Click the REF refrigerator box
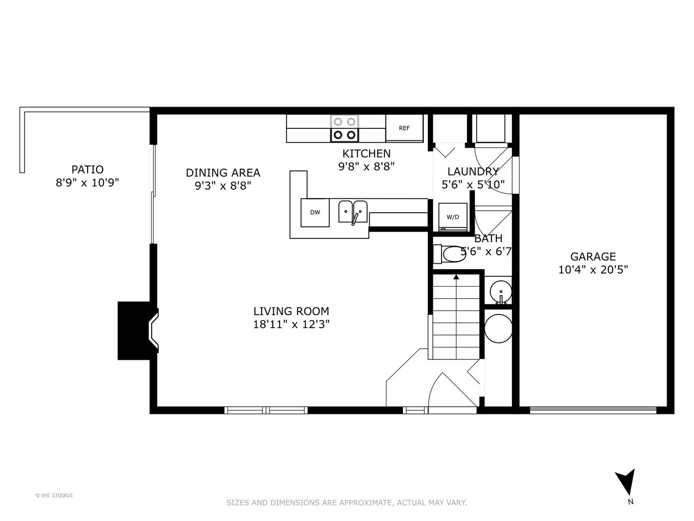404,128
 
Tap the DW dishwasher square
315,213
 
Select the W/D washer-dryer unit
453,217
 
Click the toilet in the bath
449,254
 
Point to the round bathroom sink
501,291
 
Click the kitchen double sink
353,212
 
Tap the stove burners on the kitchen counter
344,128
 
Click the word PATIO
88,169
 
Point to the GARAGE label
593,256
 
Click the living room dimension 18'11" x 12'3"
291,325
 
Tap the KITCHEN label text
366,153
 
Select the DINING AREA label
223,173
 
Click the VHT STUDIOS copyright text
54,495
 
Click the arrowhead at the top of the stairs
456,277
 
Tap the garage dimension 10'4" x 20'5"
593,270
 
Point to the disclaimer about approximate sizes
347,502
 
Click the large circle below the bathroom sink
498,329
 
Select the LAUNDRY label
473,171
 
